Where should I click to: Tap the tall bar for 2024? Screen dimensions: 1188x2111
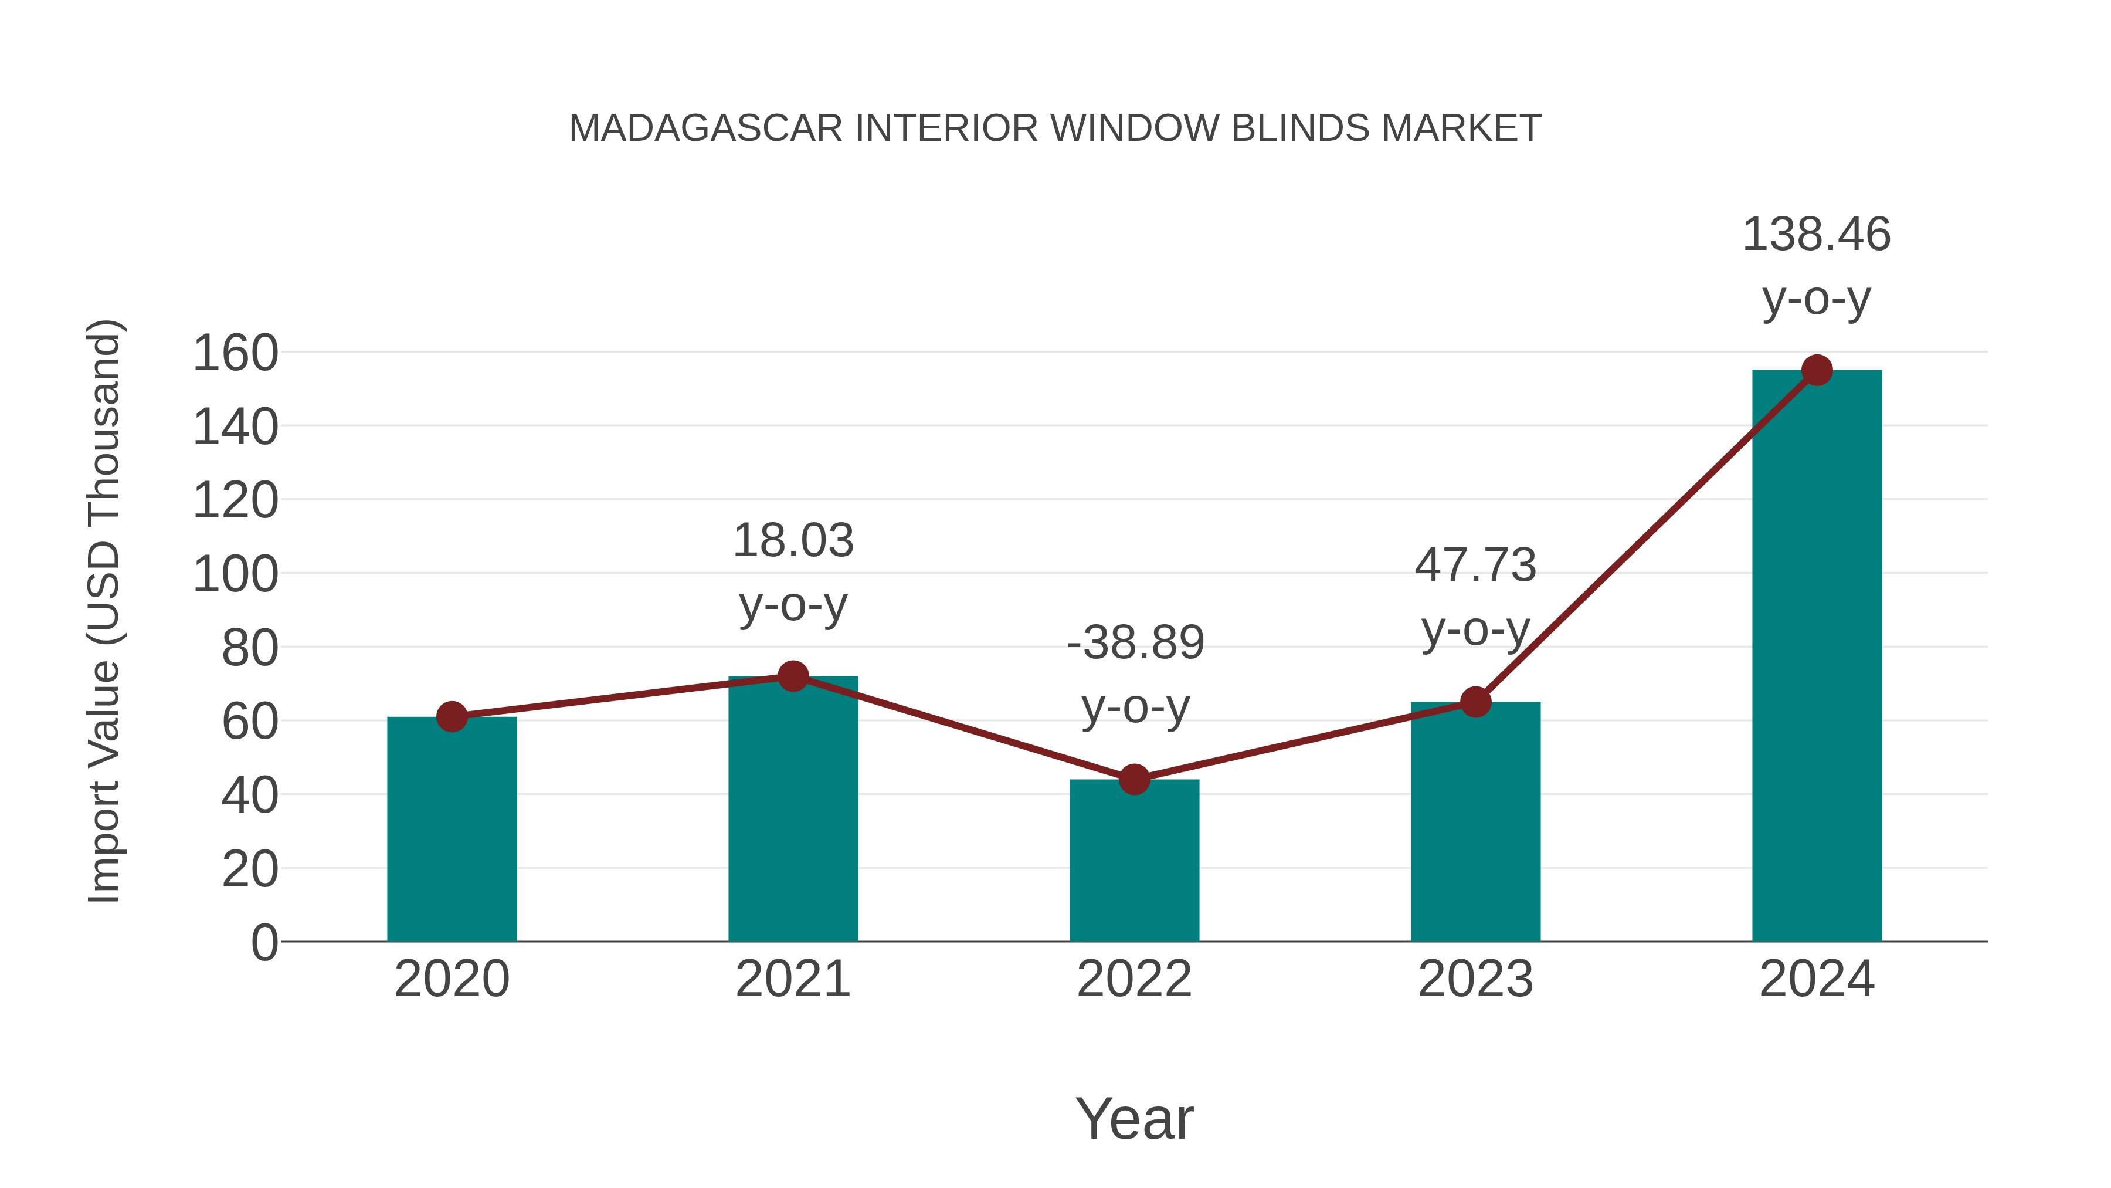click(x=1817, y=656)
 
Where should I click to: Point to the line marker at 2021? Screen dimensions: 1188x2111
click(x=792, y=676)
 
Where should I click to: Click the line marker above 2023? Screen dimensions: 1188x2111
click(x=1475, y=702)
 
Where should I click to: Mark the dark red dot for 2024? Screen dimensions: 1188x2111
click(x=1817, y=371)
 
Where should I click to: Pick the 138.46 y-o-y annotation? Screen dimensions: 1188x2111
click(x=1817, y=266)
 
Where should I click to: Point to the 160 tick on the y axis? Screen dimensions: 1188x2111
click(x=235, y=354)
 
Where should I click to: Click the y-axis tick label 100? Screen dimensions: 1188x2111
click(x=235, y=575)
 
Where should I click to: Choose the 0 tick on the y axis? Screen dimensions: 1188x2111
click(x=264, y=943)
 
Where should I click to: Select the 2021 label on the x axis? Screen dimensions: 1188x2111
click(x=792, y=979)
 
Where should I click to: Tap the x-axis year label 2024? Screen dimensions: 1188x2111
click(x=1817, y=979)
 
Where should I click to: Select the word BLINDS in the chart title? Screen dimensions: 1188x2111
click(x=1299, y=128)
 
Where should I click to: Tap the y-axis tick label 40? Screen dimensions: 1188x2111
click(x=249, y=796)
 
